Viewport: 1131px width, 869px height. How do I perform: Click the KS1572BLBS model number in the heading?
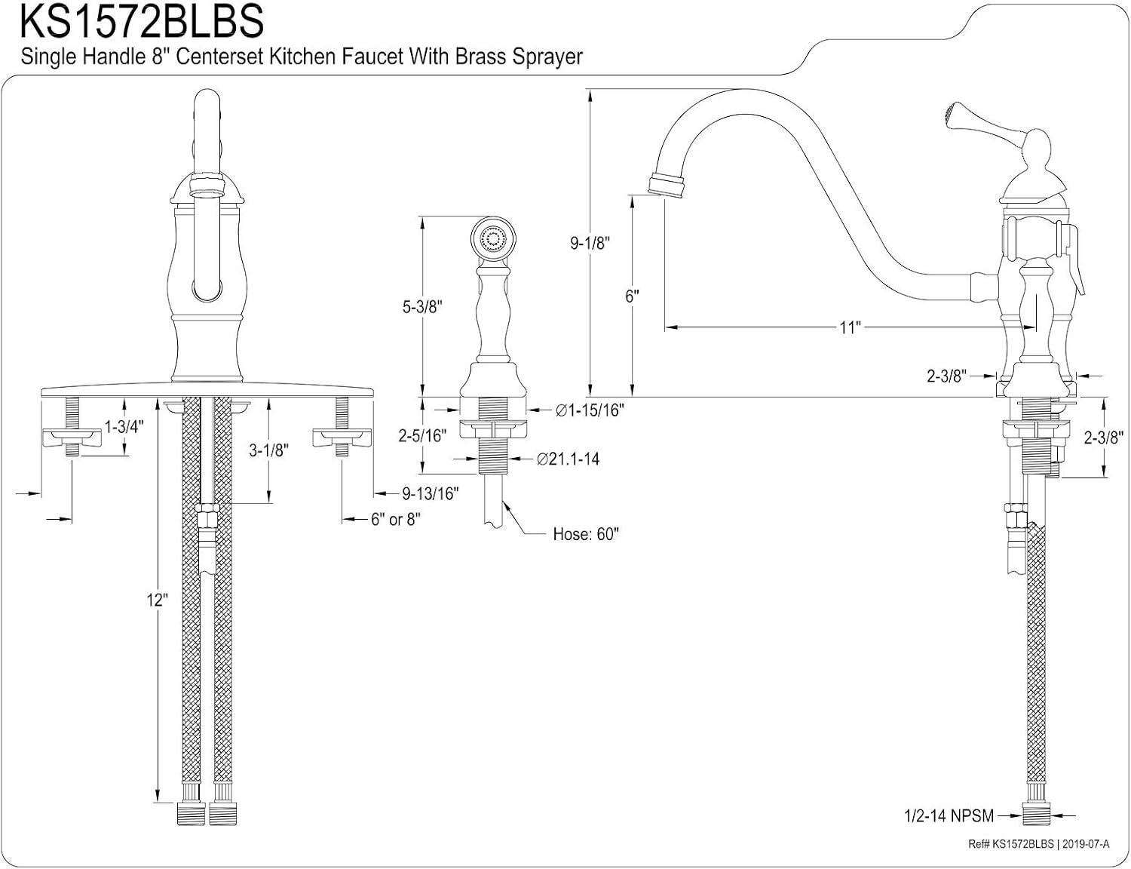142,22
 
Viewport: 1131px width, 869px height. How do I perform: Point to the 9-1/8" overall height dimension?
590,243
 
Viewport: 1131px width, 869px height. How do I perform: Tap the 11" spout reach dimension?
850,327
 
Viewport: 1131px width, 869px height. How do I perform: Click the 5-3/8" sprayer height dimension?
422,306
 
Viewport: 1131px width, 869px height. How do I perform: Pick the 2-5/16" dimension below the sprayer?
422,434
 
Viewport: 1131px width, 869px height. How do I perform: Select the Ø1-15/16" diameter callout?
590,410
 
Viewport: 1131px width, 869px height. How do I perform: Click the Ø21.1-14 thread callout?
568,459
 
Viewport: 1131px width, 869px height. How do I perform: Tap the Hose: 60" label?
585,534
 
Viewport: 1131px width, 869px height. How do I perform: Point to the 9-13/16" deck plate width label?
430,493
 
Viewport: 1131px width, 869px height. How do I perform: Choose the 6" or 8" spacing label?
395,519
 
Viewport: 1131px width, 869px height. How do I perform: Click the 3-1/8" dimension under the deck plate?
269,450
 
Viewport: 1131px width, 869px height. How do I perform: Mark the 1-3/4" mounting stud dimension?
124,427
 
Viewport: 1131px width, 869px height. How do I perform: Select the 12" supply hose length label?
157,600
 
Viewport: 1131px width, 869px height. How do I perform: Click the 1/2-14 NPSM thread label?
949,815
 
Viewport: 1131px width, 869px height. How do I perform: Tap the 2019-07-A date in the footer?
1087,845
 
